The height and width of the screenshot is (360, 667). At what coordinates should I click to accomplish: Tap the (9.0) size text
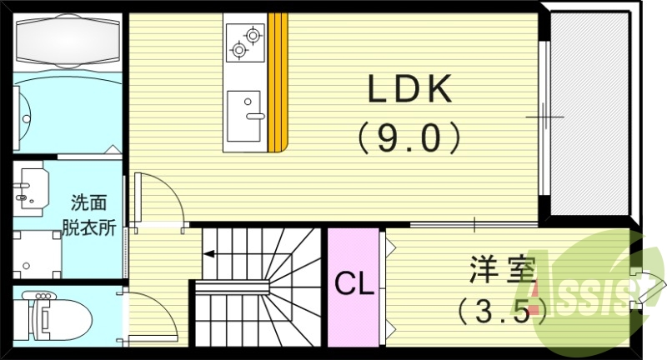click(x=409, y=138)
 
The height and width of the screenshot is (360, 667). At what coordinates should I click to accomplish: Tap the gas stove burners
click(x=244, y=42)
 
